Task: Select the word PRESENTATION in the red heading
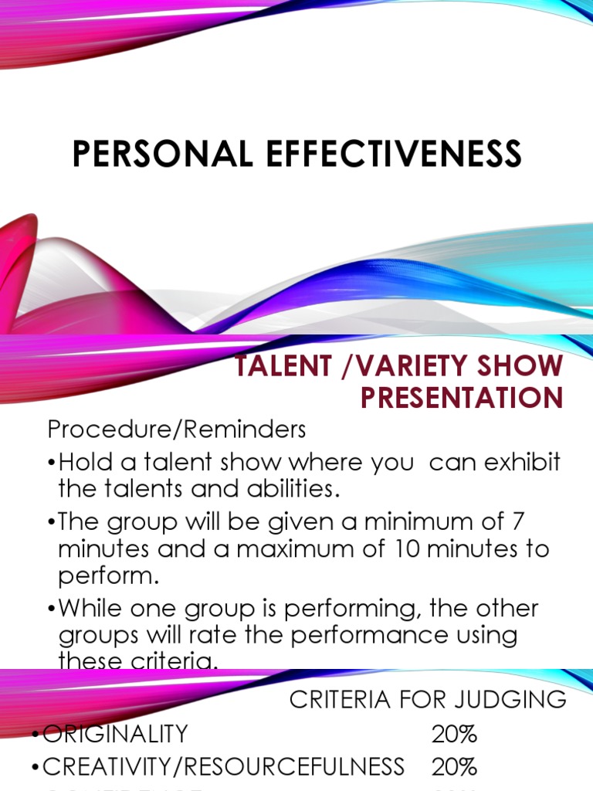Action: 461,398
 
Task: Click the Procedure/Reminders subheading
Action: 177,429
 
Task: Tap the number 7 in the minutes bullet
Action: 517,521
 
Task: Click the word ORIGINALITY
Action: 115,733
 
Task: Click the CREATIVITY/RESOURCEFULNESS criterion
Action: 223,766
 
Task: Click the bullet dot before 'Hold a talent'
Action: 51,463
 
